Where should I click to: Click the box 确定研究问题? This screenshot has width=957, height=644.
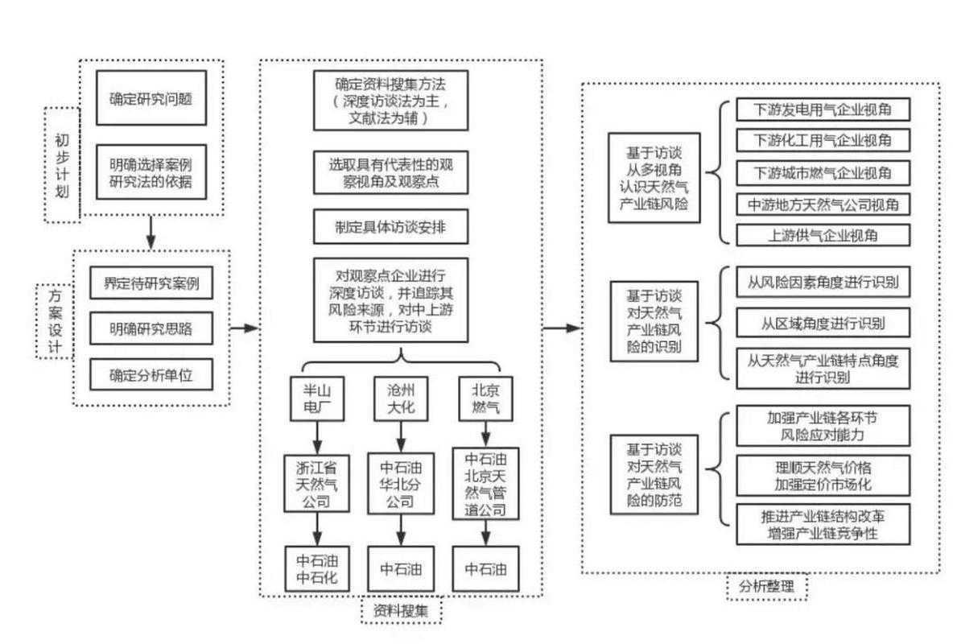[x=151, y=101]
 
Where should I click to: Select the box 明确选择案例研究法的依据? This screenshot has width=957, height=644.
[x=151, y=171]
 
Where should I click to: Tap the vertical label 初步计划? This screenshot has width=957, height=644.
[x=62, y=165]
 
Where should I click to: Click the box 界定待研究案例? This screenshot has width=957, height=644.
[x=151, y=284]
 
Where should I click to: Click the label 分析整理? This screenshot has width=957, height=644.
[x=766, y=587]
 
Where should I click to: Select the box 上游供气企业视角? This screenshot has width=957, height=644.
[x=823, y=236]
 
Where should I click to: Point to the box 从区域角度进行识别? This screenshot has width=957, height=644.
[x=823, y=324]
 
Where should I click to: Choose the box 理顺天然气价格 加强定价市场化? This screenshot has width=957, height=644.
[x=823, y=476]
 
